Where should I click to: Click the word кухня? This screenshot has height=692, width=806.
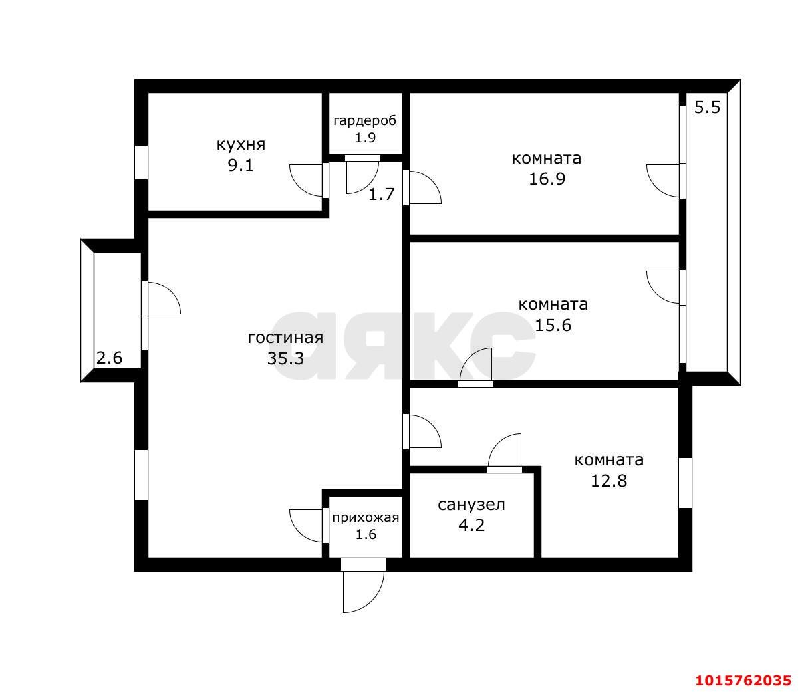pyautogui.click(x=241, y=145)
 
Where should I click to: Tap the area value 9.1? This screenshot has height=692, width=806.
pyautogui.click(x=241, y=166)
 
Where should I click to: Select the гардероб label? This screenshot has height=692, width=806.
pyautogui.click(x=365, y=121)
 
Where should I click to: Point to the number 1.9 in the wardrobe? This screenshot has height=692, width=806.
pyautogui.click(x=365, y=138)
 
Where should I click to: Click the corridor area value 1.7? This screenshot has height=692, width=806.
pyautogui.click(x=381, y=194)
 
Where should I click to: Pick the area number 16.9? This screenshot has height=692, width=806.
pyautogui.click(x=547, y=179)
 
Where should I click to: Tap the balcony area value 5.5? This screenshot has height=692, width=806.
pyautogui.click(x=707, y=107)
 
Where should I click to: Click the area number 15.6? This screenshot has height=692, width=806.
pyautogui.click(x=553, y=325)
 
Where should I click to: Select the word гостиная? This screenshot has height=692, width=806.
pyautogui.click(x=285, y=338)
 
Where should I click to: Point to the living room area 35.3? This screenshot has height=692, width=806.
pyautogui.click(x=285, y=358)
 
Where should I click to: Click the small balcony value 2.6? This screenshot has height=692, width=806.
pyautogui.click(x=109, y=358)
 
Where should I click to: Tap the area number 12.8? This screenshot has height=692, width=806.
pyautogui.click(x=608, y=481)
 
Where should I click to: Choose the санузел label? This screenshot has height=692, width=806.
pyautogui.click(x=471, y=505)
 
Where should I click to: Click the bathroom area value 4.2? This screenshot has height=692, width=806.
pyautogui.click(x=471, y=525)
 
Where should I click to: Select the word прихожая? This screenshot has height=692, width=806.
pyautogui.click(x=366, y=518)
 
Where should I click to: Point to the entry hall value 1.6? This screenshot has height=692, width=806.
pyautogui.click(x=366, y=534)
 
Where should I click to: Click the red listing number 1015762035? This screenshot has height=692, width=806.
pyautogui.click(x=743, y=680)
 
